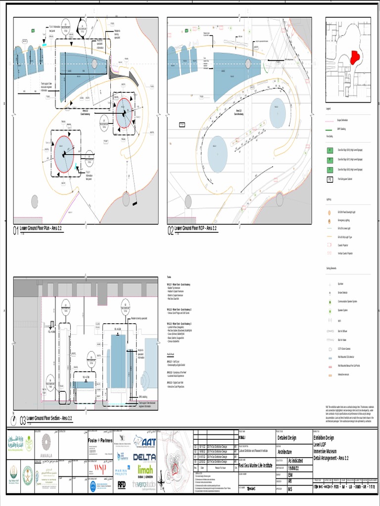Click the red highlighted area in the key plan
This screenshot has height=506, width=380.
pyautogui.click(x=355, y=58)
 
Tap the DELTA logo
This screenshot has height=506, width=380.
pyautogui.click(x=144, y=457)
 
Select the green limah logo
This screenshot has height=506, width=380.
pyautogui.click(x=145, y=469)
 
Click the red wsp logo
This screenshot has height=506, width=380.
pyautogui.click(x=100, y=467)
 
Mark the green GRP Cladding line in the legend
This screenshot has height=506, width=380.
pyautogui.click(x=330, y=128)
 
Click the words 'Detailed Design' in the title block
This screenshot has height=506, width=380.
pyautogui.click(x=286, y=438)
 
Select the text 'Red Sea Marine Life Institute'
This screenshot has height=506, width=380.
pyautogui.click(x=256, y=465)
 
